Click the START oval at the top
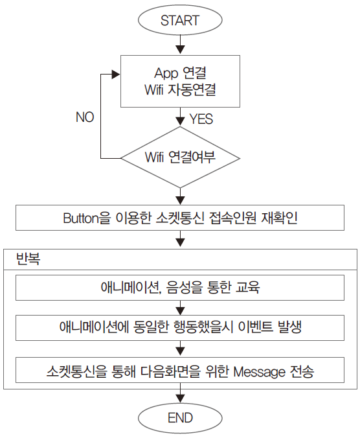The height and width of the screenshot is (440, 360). tap(180, 20)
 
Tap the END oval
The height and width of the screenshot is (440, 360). tap(180, 418)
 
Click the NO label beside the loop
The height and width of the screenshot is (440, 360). tap(85, 117)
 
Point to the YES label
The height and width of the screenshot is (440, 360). tap(201, 119)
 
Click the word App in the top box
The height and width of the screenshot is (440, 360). tap(166, 73)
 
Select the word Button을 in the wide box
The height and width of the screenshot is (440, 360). tap(87, 218)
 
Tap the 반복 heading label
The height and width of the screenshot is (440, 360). tap(28, 259)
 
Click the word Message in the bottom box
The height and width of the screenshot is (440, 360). tap(260, 372)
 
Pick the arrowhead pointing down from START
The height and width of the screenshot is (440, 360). tap(180, 49)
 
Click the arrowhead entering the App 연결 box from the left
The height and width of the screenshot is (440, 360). tap(116, 75)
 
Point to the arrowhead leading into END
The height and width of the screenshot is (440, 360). tap(180, 399)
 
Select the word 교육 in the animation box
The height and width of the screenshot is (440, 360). tap(247, 288)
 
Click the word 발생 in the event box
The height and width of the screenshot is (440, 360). tap(289, 327)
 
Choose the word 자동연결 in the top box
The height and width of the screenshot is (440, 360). tap(192, 90)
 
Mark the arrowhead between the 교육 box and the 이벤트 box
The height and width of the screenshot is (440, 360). tap(180, 310)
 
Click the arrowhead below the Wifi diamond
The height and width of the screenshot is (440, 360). tap(180, 200)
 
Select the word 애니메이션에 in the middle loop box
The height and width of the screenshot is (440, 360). tap(94, 327)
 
